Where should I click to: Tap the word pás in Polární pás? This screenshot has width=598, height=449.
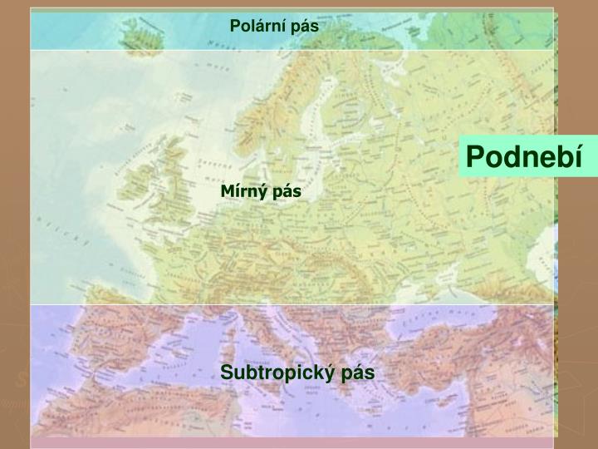point(305,26)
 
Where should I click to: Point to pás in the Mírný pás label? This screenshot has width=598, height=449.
point(287,192)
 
